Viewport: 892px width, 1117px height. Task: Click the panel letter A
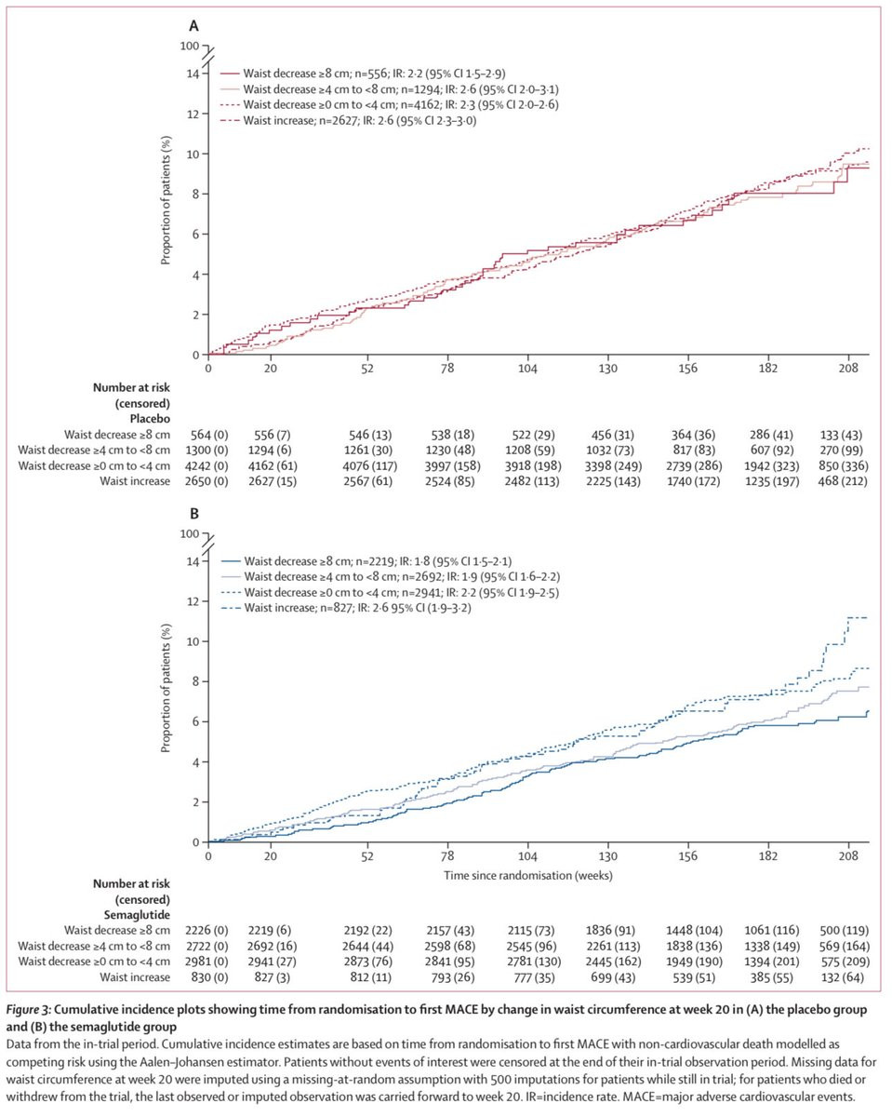click(x=194, y=25)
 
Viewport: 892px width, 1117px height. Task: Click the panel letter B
click(x=194, y=513)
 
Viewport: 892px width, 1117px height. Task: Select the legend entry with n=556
click(x=363, y=74)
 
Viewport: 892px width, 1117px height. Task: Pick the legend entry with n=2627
click(x=348, y=120)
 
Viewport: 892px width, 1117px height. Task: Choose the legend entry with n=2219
click(x=366, y=561)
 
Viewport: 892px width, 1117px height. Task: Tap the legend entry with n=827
click(x=346, y=608)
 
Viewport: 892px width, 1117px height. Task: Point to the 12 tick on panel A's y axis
click(x=193, y=114)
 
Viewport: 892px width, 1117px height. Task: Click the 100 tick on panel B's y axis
click(x=190, y=533)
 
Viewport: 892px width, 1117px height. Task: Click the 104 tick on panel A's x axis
click(x=528, y=369)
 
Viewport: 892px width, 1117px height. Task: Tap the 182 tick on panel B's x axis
click(x=768, y=856)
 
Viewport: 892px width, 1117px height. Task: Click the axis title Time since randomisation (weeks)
click(x=528, y=876)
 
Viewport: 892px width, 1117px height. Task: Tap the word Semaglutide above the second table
click(x=137, y=915)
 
